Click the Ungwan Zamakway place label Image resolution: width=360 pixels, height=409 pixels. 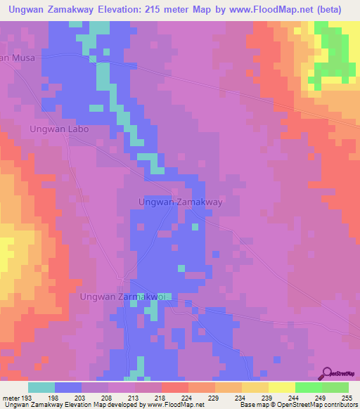point(181,202)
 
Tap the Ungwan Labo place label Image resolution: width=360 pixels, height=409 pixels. point(60,129)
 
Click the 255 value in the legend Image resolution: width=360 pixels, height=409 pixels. point(347,397)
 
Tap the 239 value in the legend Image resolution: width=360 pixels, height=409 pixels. point(267,397)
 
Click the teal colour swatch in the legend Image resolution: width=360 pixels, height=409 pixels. point(41,387)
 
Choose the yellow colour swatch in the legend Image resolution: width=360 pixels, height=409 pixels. point(281,387)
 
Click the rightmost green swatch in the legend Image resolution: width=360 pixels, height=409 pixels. point(335,387)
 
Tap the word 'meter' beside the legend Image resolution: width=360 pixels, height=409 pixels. point(11,397)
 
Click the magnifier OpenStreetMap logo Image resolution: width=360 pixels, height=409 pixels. point(328,373)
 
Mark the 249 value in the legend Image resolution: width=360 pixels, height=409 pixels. point(320,397)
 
